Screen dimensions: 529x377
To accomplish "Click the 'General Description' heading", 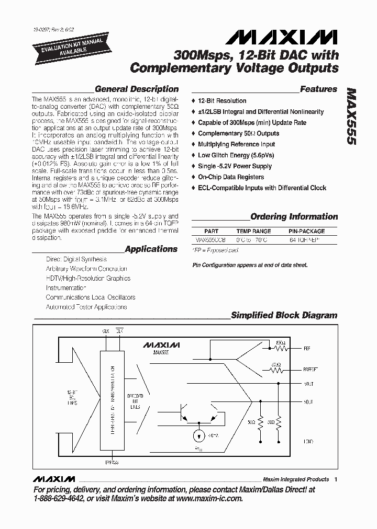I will [137, 89].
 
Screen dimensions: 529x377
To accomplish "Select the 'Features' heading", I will [318, 89].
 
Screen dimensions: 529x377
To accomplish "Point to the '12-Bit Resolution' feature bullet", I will [222, 101].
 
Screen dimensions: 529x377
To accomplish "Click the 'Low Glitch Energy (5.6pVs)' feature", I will [236, 155].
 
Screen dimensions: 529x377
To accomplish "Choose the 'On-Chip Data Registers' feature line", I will [230, 177].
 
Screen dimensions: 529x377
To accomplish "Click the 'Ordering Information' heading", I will [294, 217].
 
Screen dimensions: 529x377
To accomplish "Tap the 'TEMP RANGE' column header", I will [253, 231].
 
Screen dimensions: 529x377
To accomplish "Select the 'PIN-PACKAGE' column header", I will [306, 231].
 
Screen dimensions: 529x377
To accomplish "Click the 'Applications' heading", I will [151, 249].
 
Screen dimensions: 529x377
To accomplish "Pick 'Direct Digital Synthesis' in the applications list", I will [76, 259].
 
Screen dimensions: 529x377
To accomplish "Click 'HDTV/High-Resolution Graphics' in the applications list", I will [88, 279].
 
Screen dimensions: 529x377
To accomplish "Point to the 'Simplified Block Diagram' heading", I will [284, 315].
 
